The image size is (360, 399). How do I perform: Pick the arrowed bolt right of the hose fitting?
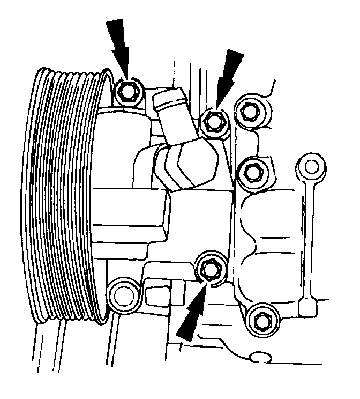tap(213, 123)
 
